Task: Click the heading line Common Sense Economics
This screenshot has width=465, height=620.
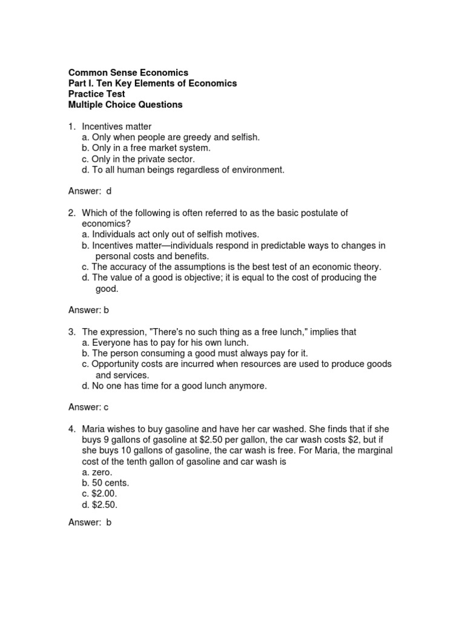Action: tap(128, 73)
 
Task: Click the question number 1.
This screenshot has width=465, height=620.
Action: tap(71, 127)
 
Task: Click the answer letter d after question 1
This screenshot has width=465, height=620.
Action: tap(109, 191)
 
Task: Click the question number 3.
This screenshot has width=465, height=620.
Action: tap(71, 332)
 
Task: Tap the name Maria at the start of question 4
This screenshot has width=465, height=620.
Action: tap(94, 429)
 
